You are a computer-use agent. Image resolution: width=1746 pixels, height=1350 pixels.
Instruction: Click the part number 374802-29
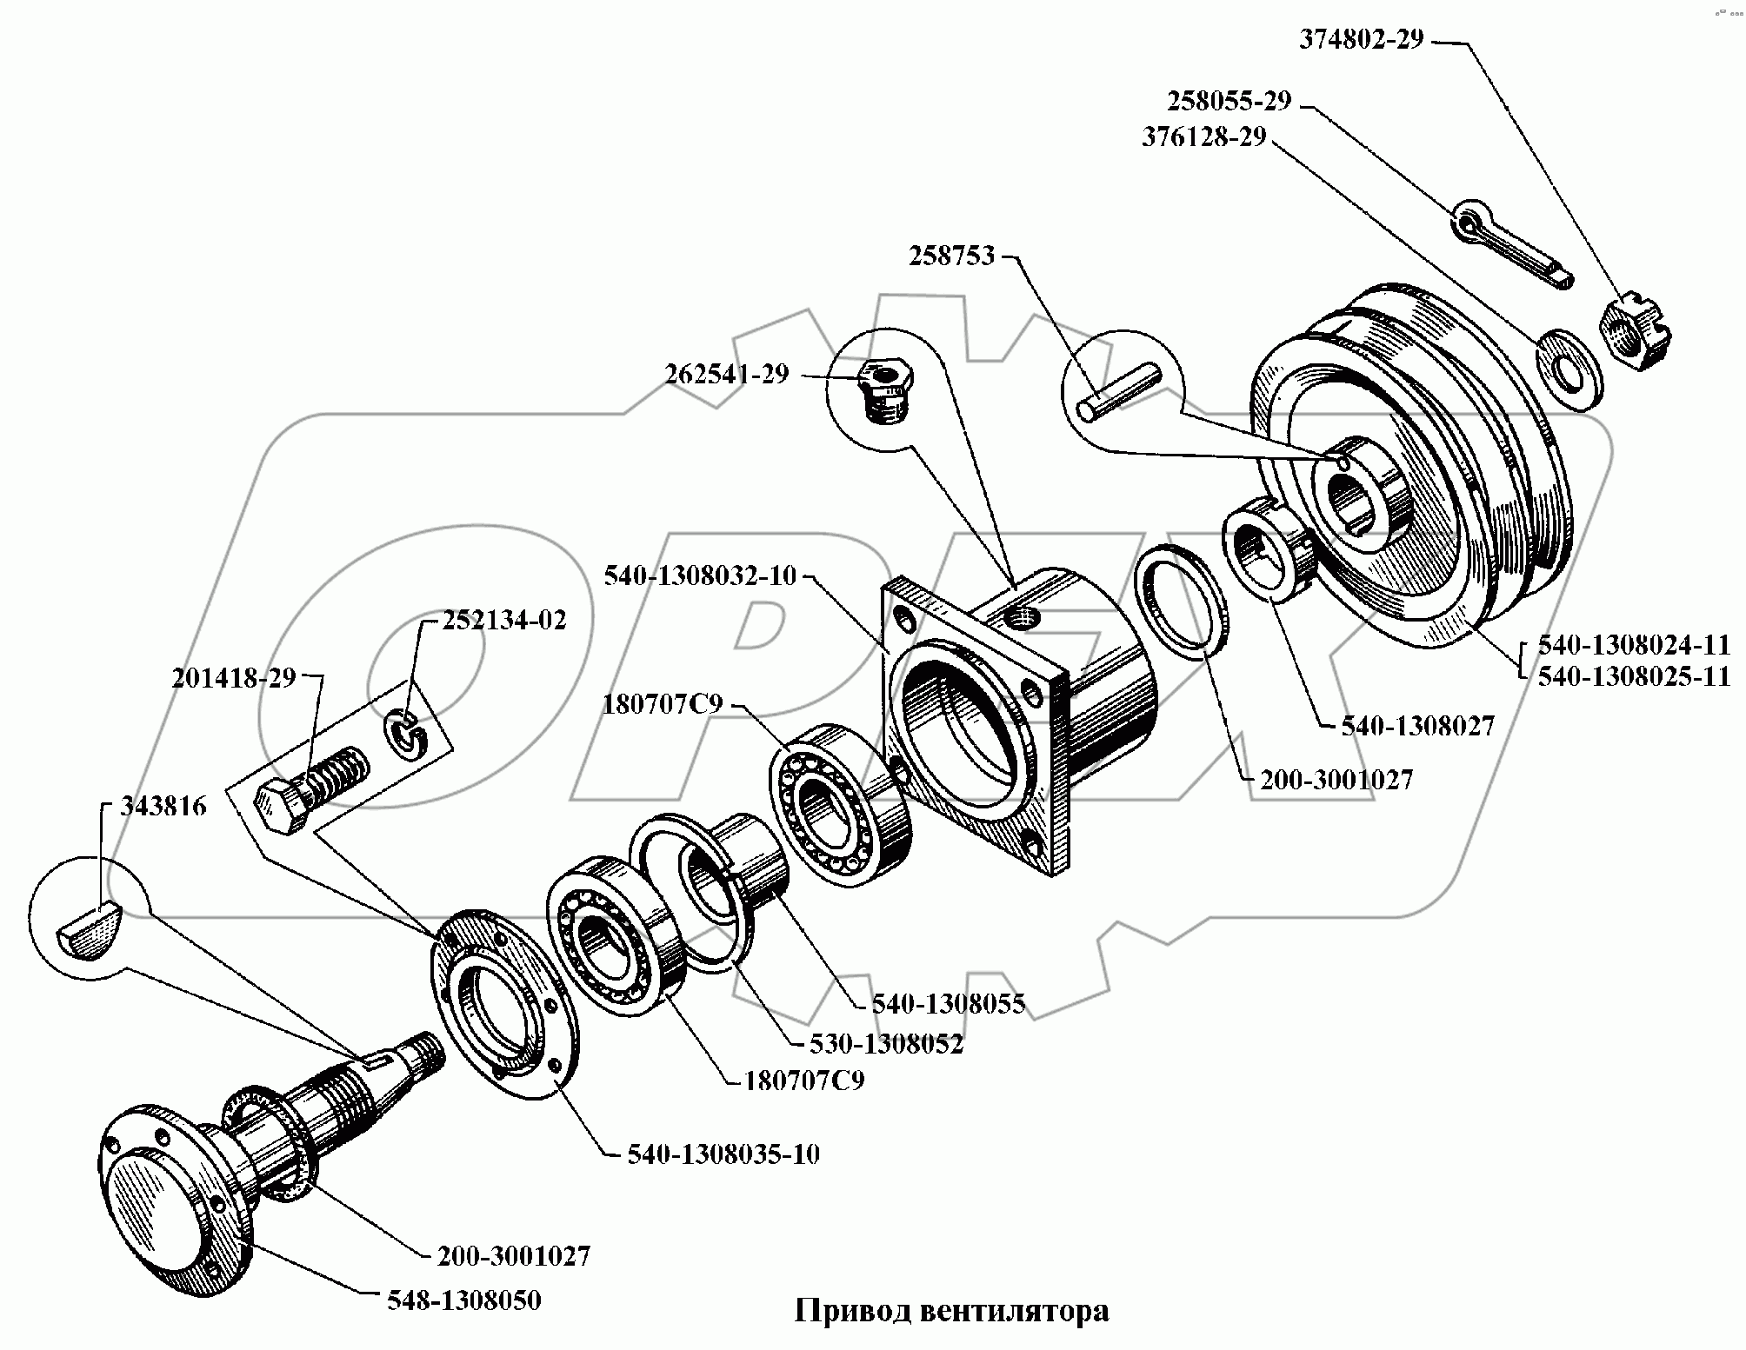(x=1362, y=40)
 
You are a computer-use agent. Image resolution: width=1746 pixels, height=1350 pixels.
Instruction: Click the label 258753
(x=951, y=256)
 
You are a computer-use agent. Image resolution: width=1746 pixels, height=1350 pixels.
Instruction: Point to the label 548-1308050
(x=463, y=1300)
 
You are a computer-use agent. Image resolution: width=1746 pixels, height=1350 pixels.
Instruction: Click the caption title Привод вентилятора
(x=952, y=1310)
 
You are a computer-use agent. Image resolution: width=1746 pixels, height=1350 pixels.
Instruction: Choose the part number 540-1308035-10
(x=723, y=1154)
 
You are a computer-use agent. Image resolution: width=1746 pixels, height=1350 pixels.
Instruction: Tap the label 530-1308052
(x=886, y=1043)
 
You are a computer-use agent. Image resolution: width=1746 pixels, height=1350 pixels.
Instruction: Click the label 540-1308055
(x=949, y=1003)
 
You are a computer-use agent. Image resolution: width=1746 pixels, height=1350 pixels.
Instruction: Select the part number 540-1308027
(x=1417, y=726)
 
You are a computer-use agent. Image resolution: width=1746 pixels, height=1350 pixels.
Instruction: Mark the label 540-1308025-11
(x=1634, y=676)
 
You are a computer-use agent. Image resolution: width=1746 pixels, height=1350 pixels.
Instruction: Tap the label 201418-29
(x=234, y=678)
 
